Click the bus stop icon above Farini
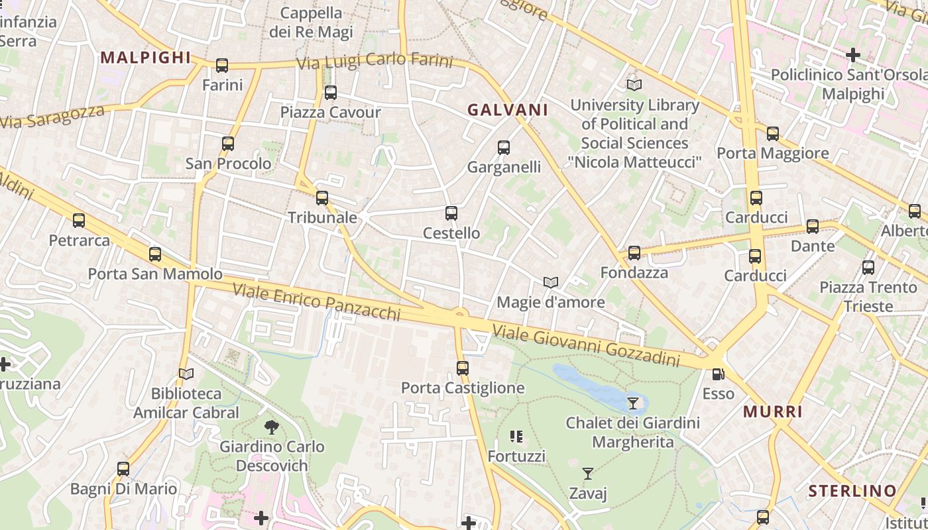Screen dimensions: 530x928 222,66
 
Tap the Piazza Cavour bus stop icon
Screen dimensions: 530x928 331,93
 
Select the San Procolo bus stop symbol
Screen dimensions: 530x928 228,144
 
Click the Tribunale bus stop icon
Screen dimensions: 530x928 322,198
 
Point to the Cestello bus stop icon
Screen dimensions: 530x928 451,213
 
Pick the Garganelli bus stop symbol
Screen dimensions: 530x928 504,148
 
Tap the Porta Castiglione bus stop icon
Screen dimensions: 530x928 463,368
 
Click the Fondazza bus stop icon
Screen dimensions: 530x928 634,253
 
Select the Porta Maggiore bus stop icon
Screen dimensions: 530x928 773,134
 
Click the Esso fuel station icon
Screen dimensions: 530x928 718,374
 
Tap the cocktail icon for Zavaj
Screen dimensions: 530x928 587,474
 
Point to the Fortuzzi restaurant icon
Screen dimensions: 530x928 516,437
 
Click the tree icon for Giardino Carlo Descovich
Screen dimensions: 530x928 271,427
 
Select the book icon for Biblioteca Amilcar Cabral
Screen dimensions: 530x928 186,374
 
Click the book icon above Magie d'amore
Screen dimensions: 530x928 550,283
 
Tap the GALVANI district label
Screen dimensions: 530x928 508,110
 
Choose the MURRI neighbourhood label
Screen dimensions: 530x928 773,411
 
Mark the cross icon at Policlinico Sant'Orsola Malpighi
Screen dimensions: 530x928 853,55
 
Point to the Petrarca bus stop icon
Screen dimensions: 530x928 79,221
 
